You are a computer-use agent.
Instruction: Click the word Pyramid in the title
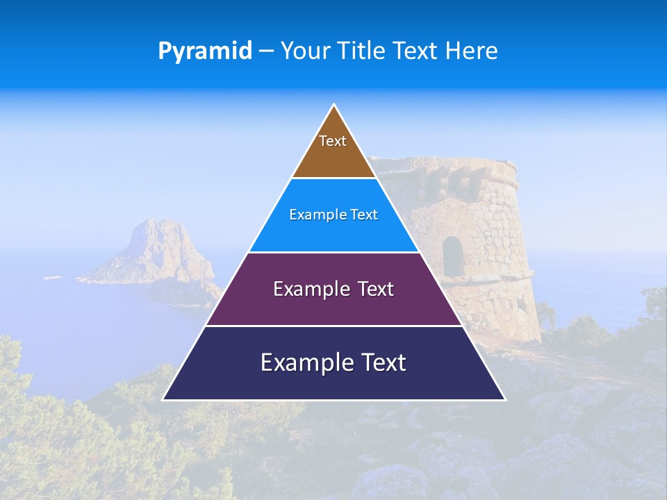(205, 51)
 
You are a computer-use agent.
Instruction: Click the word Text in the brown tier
(333, 141)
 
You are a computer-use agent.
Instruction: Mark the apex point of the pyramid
(334, 105)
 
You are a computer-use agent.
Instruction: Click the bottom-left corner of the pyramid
(163, 399)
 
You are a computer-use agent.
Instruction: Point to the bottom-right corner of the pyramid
(504, 399)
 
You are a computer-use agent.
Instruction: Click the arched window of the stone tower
(452, 255)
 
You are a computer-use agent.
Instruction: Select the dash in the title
(266, 51)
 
